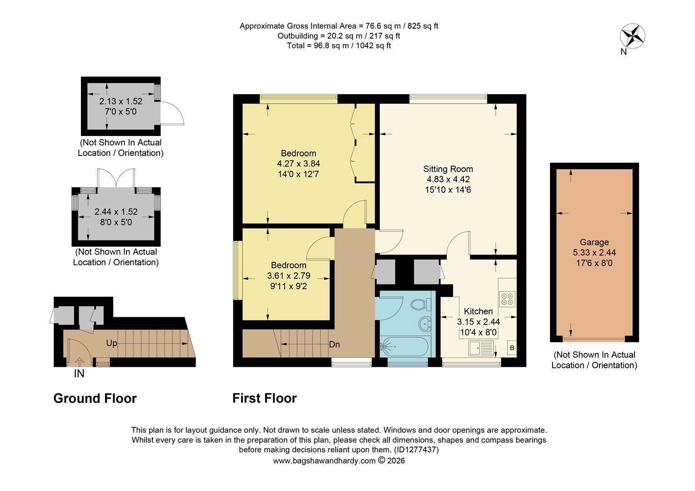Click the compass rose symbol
tap(632, 36)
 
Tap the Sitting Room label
tap(448, 169)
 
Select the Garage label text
tap(594, 242)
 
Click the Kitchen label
tap(478, 311)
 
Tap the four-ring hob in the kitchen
tap(507, 298)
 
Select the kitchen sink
tap(481, 348)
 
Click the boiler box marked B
tap(512, 348)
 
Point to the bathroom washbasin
tap(425, 324)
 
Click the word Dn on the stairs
tap(334, 345)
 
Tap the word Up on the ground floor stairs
tap(111, 343)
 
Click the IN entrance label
tap(79, 374)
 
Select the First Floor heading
tap(264, 398)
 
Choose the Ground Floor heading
tap(95, 398)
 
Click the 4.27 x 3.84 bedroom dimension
tap(298, 164)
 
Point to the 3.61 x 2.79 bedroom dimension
tap(288, 276)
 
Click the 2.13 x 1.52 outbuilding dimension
tap(121, 101)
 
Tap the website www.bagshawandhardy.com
tap(324, 461)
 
